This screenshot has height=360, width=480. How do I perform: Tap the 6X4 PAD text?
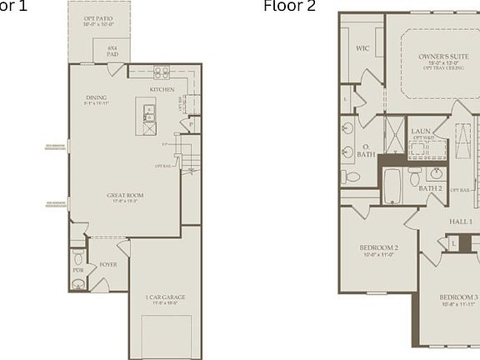tap(112, 51)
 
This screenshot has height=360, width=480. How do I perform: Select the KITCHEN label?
tap(162, 89)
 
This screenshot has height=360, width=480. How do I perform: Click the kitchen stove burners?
tap(161, 72)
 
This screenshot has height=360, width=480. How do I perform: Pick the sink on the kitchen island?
tap(148, 110)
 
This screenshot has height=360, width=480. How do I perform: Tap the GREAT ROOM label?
tap(126, 196)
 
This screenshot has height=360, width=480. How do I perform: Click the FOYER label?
tap(108, 264)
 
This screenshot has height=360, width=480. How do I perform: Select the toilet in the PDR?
tap(77, 257)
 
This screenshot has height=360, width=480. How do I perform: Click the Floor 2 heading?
tap(289, 7)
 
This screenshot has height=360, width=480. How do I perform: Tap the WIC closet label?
tap(362, 48)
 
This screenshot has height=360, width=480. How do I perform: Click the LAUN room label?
tap(420, 131)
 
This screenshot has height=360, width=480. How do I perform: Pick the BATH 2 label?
tap(430, 189)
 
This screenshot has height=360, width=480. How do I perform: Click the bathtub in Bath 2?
tap(392, 189)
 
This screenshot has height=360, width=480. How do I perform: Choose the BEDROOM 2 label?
tap(378, 248)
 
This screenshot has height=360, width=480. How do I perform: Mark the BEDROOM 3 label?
tap(458, 297)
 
